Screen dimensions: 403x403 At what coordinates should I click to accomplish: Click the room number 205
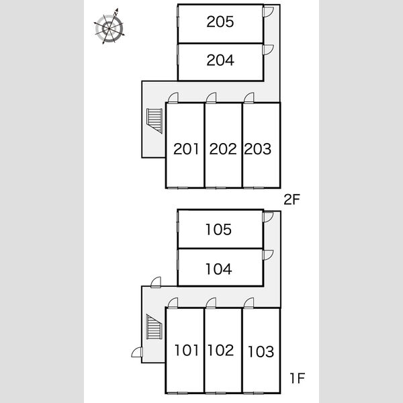220,22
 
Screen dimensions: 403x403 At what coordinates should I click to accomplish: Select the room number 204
220,60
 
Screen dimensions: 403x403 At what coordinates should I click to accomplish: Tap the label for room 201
186,149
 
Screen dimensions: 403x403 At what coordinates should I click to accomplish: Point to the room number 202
223,149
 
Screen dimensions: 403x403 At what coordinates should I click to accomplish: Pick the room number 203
257,149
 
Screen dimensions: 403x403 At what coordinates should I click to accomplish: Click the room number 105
219,230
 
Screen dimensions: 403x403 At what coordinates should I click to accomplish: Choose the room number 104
219,269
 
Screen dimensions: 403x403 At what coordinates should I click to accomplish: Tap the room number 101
187,351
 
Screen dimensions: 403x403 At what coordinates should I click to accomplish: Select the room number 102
221,351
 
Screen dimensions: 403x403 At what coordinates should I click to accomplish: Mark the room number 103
261,351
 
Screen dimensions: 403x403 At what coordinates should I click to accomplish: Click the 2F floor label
292,199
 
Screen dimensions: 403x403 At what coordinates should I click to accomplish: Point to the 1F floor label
298,378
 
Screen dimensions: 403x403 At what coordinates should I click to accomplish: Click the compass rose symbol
109,26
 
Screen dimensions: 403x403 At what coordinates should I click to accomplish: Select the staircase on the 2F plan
154,121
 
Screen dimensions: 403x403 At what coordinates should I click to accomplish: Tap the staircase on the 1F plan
154,326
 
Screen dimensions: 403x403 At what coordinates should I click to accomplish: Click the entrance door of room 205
268,12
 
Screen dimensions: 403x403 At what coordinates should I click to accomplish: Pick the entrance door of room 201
173,97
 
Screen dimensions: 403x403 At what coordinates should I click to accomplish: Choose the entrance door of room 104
268,255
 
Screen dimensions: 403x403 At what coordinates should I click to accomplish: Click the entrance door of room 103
249,303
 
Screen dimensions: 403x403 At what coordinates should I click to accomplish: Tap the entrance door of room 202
211,97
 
